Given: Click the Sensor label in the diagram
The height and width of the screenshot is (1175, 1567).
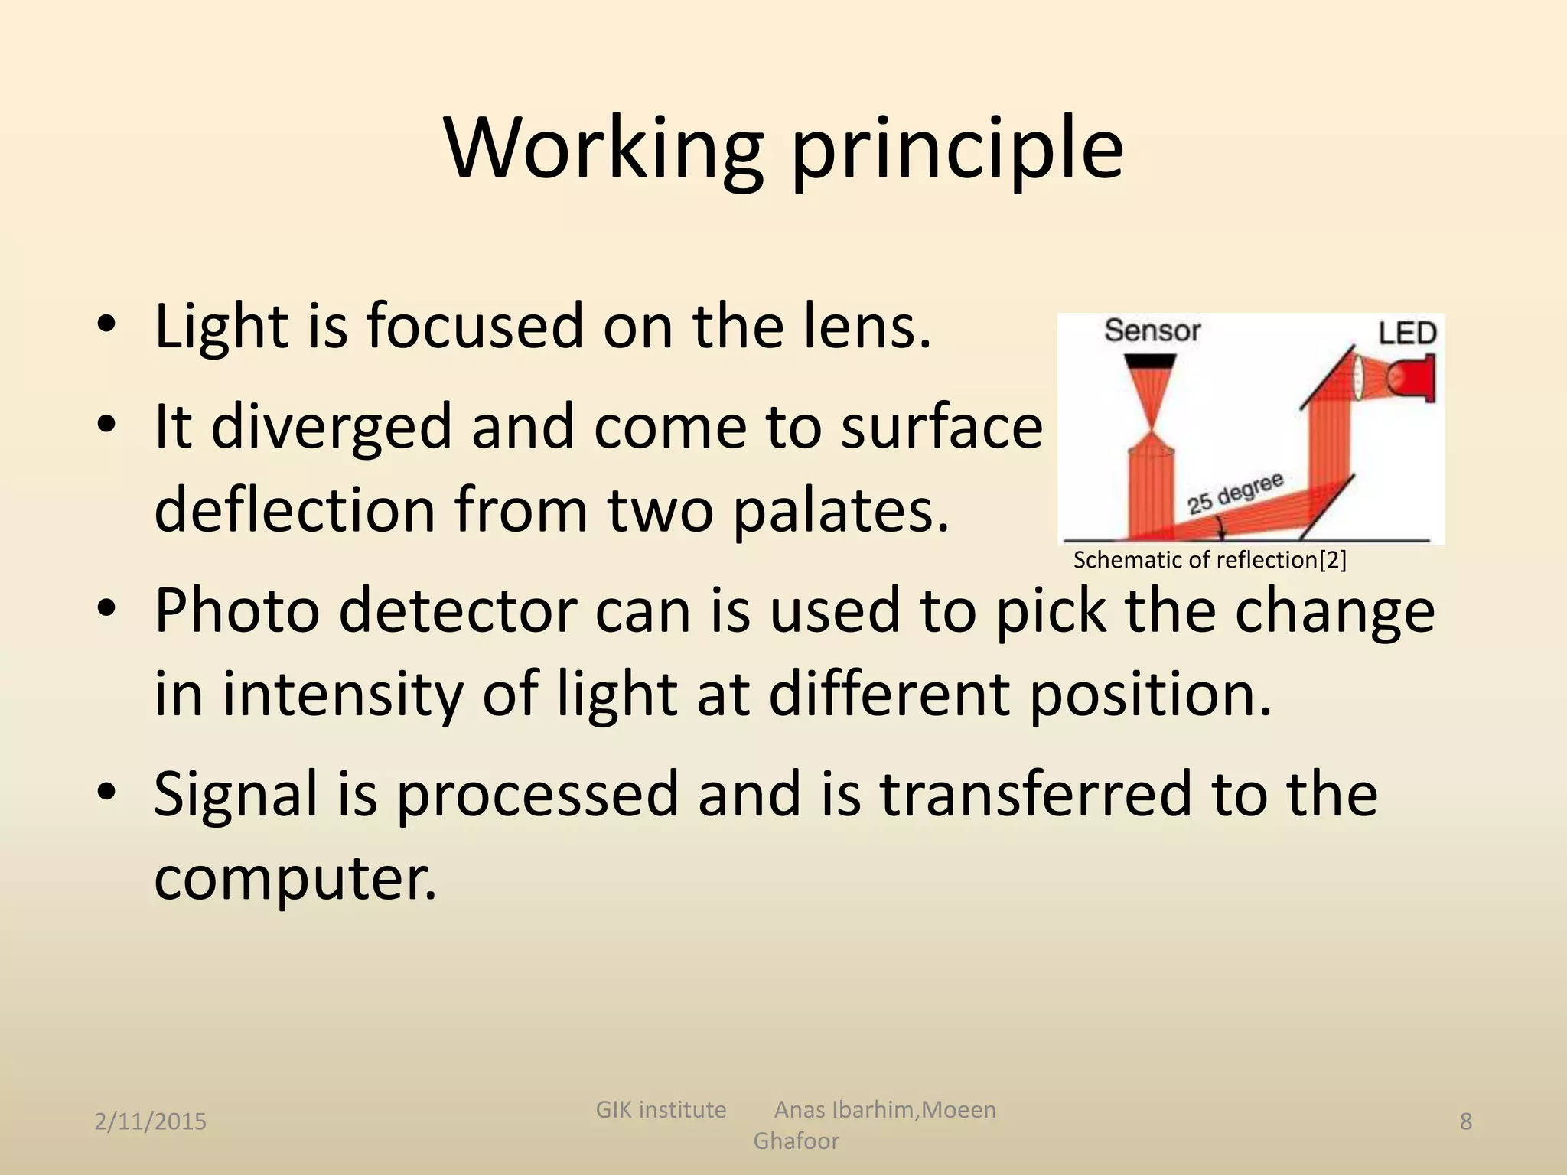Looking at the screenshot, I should click(x=1152, y=331).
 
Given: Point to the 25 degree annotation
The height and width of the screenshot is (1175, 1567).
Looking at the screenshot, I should click(x=1234, y=493).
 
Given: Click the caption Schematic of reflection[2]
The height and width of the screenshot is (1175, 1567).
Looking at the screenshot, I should click(x=1209, y=560).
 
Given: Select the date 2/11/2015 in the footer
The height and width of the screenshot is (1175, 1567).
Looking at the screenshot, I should click(x=151, y=1121).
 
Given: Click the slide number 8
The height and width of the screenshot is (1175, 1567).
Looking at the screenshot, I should click(x=1465, y=1121).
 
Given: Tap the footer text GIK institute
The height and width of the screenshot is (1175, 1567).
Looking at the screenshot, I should click(x=660, y=1109).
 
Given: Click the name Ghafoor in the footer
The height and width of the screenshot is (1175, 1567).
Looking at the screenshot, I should click(x=796, y=1141).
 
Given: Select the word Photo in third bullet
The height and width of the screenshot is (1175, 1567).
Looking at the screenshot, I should click(x=237, y=612).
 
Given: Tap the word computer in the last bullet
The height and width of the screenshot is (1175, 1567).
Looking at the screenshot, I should click(x=295, y=878).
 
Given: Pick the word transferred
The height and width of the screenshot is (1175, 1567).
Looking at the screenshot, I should click(x=1034, y=794).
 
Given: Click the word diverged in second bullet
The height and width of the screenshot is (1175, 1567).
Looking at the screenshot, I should click(x=331, y=427).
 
